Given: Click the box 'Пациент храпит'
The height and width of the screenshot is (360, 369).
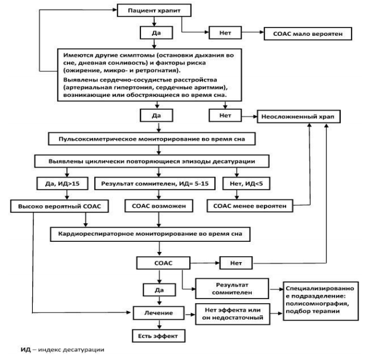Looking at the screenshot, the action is (154, 11).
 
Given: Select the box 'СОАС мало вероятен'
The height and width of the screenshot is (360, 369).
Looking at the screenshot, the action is (308, 33).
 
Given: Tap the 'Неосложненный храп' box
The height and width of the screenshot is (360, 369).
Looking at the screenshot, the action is (299, 116).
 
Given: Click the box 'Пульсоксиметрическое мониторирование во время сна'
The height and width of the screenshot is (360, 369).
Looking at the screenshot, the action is (152, 139).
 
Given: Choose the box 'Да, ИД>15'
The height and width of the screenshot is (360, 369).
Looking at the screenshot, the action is (62, 183).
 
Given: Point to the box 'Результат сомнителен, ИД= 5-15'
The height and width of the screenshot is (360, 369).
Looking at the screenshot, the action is (155, 183).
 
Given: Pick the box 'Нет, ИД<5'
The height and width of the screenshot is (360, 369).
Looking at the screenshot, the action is (247, 183).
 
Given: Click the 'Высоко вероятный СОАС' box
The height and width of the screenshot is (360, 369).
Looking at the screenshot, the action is (60, 207).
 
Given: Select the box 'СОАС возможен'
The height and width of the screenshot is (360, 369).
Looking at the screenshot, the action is (159, 206).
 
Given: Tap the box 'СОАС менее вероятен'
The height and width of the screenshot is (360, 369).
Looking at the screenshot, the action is (250, 206).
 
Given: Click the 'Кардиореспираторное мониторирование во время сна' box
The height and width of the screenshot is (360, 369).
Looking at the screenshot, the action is (150, 234).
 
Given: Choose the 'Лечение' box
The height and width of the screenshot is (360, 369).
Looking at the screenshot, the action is (159, 313).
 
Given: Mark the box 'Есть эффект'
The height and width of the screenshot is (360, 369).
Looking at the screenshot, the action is (159, 336).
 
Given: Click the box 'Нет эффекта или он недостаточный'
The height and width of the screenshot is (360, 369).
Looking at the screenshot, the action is (232, 314).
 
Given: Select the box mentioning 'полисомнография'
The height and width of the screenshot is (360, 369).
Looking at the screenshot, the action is (321, 301).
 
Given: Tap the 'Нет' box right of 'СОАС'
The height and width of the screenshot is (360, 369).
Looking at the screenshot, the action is (236, 263).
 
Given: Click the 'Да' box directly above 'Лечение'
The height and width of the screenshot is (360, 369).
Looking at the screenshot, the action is (159, 290).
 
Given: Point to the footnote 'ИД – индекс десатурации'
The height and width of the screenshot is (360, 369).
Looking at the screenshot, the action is (62, 350).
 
